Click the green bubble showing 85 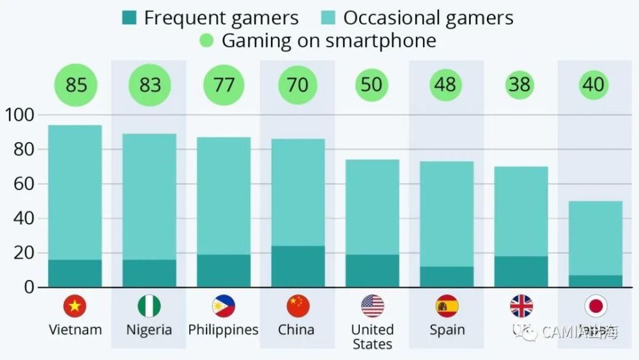point(75,84)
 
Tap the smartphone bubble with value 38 point(520,84)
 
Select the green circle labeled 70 point(298,84)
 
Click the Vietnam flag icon point(75,306)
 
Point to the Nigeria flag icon point(149,306)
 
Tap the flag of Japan point(596,306)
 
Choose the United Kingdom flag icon point(521,306)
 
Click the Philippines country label point(223,330)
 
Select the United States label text point(372,337)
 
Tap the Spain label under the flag point(447,330)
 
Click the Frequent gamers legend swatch point(129,18)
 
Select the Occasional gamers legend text point(428,18)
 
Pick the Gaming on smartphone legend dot point(206,41)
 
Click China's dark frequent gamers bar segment point(298,267)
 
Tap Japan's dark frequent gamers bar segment point(596,281)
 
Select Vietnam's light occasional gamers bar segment point(75,192)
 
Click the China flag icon point(298,306)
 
